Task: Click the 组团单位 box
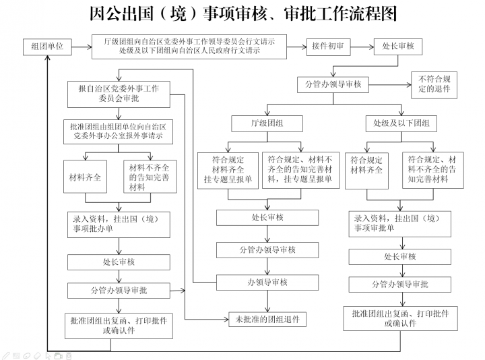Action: pyautogui.click(x=47, y=47)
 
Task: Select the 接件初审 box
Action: pyautogui.click(x=328, y=47)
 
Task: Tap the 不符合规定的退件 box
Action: pyautogui.click(x=434, y=85)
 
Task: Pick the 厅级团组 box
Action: pyautogui.click(x=267, y=123)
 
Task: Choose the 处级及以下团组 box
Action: pyautogui.click(x=401, y=123)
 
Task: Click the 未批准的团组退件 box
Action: pyautogui.click(x=267, y=319)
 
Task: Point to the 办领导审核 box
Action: pyautogui.click(x=267, y=282)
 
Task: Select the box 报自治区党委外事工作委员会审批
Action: pyautogui.click(x=119, y=94)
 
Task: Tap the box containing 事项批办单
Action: pyautogui.click(x=119, y=224)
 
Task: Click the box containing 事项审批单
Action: pyautogui.click(x=399, y=224)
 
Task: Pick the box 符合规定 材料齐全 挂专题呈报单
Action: pyautogui.click(x=228, y=171)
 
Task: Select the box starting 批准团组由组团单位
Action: pyautogui.click(x=118, y=131)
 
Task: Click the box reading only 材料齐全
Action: pyautogui.click(x=85, y=177)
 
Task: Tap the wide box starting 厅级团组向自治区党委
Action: pyautogui.click(x=189, y=47)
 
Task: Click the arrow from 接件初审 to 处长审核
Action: pyautogui.click(x=362, y=47)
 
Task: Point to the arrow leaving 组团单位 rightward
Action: pyautogui.click(x=82, y=47)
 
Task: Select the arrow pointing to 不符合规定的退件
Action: pyautogui.click(x=390, y=84)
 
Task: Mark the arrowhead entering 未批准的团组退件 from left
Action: pyautogui.click(x=226, y=319)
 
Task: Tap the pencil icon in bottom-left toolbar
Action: pyautogui.click(x=5, y=356)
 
